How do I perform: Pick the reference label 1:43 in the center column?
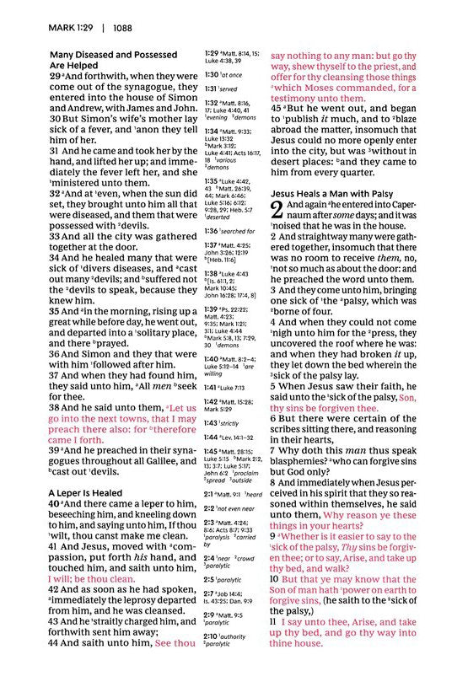pyautogui.click(x=212, y=423)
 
